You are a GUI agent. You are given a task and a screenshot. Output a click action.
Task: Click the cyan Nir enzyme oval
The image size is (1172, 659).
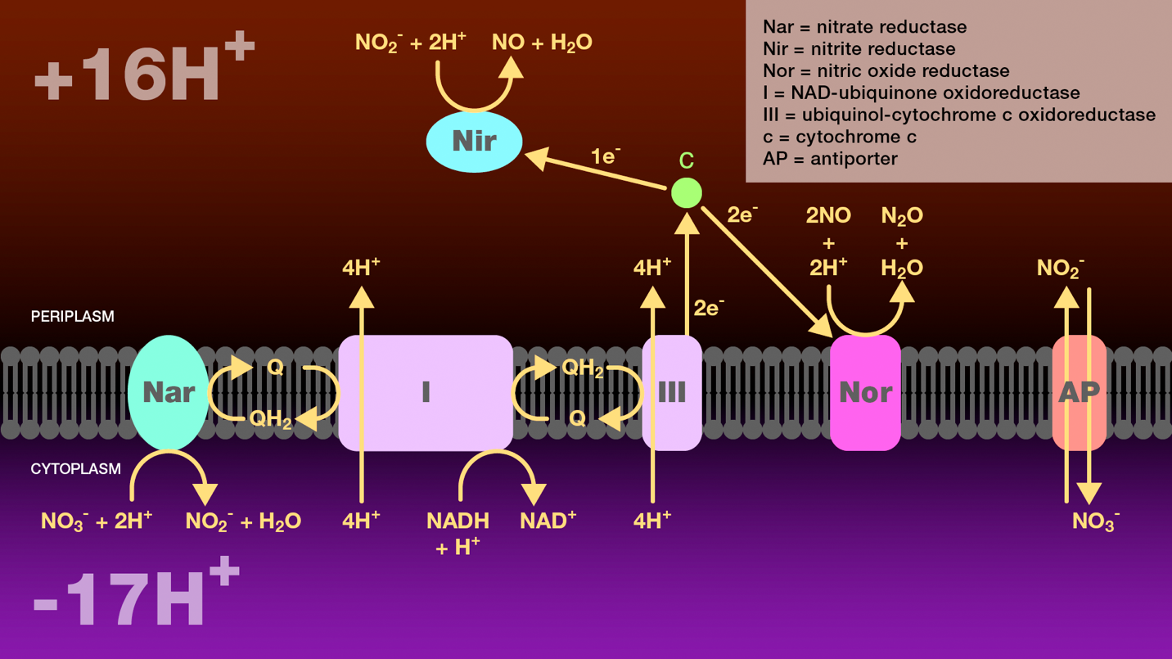pyautogui.click(x=474, y=142)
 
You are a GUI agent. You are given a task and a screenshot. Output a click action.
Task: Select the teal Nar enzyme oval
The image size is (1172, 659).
pyautogui.click(x=169, y=392)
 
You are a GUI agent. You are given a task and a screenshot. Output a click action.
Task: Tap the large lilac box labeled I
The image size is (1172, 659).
pyautogui.click(x=426, y=392)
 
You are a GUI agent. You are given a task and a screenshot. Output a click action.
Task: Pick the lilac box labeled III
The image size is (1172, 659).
pyautogui.click(x=672, y=392)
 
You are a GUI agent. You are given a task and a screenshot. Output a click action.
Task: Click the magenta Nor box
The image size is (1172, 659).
pyautogui.click(x=865, y=393)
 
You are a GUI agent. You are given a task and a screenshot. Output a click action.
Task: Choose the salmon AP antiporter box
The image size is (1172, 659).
pyautogui.click(x=1079, y=392)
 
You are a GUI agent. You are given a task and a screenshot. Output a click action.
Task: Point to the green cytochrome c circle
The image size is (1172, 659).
pyautogui.click(x=686, y=193)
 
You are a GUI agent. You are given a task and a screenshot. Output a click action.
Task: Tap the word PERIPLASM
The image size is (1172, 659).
pyautogui.click(x=73, y=316)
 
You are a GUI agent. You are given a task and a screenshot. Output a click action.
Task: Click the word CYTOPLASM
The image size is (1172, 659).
pyautogui.click(x=75, y=469)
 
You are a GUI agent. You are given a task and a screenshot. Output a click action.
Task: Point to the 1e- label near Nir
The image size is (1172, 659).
pyautogui.click(x=606, y=156)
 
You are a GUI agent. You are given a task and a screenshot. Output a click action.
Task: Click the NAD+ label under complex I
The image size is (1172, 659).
pyautogui.click(x=548, y=521)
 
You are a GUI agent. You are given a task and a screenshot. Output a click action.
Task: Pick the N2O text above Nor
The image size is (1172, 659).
pyautogui.click(x=902, y=216)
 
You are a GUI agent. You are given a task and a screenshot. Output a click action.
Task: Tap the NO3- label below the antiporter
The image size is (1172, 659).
pyautogui.click(x=1096, y=521)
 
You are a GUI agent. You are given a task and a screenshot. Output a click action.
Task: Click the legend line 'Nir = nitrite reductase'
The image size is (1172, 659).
pyautogui.click(x=859, y=49)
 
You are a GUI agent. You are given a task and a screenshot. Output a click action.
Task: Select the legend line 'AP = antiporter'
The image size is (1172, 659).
pyautogui.click(x=830, y=159)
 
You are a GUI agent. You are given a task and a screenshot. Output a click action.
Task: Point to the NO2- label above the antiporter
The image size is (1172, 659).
pyautogui.click(x=1060, y=268)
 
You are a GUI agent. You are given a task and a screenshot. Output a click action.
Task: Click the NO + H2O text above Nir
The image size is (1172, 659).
pyautogui.click(x=542, y=43)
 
